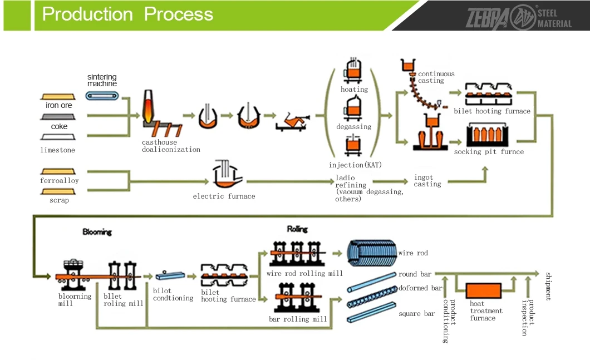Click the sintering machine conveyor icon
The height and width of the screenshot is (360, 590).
(x=102, y=96)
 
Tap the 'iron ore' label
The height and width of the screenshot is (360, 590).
(x=58, y=105)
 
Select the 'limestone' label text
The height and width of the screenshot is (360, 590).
(x=57, y=150)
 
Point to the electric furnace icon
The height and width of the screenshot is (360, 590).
(x=226, y=174)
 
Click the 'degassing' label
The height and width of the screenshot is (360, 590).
(x=353, y=127)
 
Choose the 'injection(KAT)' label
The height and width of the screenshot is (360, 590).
(x=355, y=165)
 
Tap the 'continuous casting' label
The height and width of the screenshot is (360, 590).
(x=436, y=77)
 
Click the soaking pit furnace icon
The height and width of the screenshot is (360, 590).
(x=487, y=135)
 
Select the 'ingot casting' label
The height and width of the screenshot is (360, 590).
(x=427, y=181)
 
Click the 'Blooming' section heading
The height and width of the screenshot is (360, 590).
(x=97, y=231)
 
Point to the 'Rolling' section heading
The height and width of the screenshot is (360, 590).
(x=297, y=229)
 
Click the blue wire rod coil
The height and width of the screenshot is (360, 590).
(x=372, y=253)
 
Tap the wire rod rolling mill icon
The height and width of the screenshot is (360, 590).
(x=298, y=254)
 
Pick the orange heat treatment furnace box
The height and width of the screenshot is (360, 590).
(x=484, y=291)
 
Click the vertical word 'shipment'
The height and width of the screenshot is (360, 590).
(x=549, y=286)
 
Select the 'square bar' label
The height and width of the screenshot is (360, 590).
(x=416, y=314)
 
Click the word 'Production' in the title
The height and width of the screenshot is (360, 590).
(x=87, y=14)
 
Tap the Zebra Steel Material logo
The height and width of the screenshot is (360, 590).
(x=519, y=17)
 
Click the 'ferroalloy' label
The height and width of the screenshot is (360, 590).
(x=60, y=181)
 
